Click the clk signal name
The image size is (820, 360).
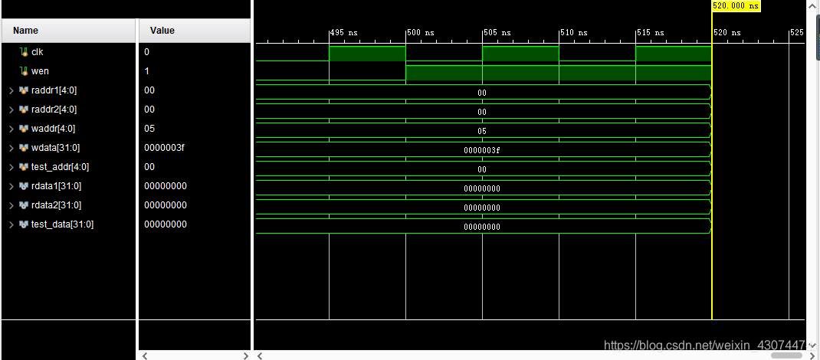point(37,52)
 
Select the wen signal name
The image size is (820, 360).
point(40,71)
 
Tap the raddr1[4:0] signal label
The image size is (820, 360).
point(54,90)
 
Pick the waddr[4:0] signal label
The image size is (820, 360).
point(53,129)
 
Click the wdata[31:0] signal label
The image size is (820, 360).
point(54,148)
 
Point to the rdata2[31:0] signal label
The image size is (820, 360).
point(56,205)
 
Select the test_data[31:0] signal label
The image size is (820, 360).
point(62,224)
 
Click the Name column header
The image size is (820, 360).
point(25,31)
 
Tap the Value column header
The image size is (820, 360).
point(162,31)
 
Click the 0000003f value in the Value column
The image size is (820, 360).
point(164,148)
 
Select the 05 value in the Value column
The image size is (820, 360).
point(149,129)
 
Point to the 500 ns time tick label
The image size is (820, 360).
point(421,33)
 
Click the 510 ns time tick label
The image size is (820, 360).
point(574,33)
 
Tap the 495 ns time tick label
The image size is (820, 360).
point(344,33)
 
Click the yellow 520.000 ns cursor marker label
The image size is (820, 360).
point(735,5)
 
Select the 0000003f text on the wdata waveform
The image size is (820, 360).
point(482,150)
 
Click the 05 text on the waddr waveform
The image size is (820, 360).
point(482,131)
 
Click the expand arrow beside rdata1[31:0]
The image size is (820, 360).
point(11,186)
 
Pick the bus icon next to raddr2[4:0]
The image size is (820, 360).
point(24,110)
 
